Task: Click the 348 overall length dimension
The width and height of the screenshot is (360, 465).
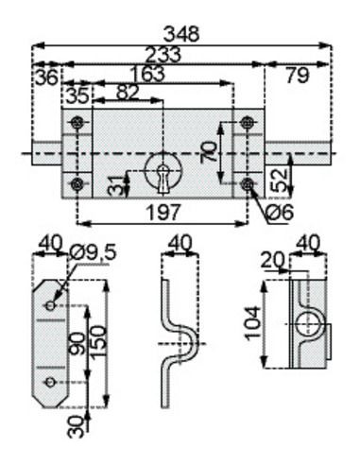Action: coord(181,34)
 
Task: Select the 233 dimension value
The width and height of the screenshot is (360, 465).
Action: coord(163,55)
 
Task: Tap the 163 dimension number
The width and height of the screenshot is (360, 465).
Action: coord(147,74)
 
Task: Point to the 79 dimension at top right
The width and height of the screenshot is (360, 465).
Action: coord(298,76)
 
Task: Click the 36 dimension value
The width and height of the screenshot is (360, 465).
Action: coord(47,77)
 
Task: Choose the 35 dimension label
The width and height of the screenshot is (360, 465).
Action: coord(78,95)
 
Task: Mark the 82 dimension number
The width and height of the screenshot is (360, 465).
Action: coord(128,93)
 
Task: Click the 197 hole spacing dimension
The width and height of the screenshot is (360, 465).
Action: coord(164,212)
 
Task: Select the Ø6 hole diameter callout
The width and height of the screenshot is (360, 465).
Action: coord(280,212)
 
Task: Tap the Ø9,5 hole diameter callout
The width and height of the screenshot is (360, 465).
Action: coord(94,252)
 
